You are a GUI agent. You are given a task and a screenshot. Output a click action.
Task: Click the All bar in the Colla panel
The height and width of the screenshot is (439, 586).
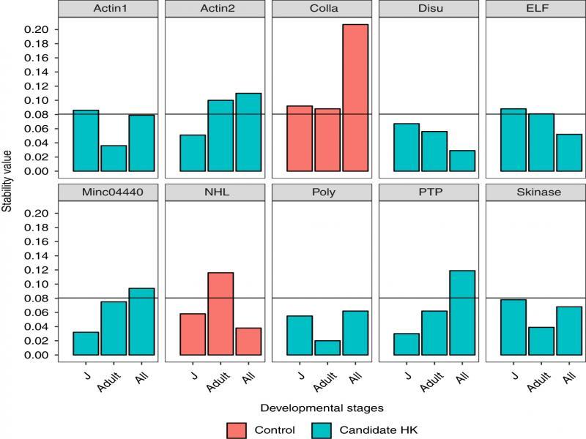(x=355, y=98)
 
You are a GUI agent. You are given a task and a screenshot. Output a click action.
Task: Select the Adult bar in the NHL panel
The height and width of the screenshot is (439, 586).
(x=220, y=314)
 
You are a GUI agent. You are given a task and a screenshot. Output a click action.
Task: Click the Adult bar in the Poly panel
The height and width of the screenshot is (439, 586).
(x=327, y=348)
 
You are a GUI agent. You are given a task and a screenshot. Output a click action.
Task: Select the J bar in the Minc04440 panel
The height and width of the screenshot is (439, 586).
(x=86, y=343)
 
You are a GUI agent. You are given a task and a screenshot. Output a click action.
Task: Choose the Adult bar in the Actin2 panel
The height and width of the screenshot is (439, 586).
(x=220, y=135)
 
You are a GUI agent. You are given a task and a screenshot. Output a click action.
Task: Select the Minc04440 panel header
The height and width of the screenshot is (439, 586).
(x=113, y=193)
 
